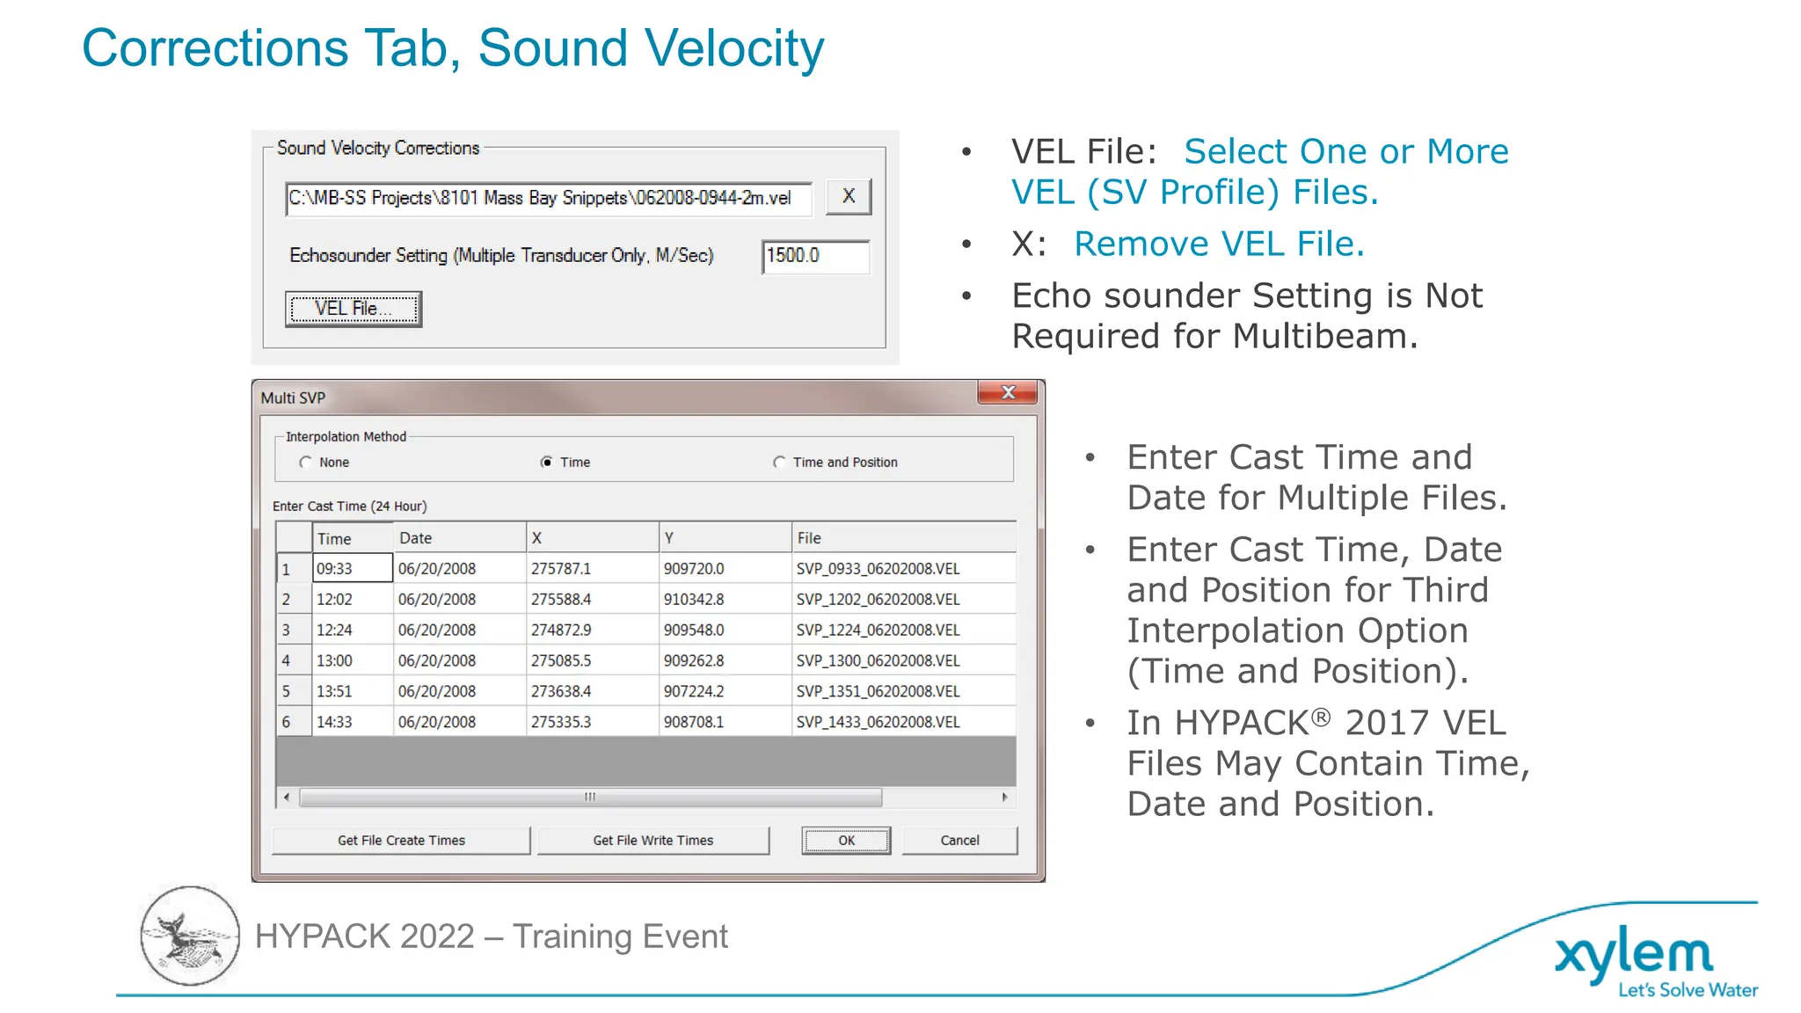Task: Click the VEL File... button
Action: tap(354, 309)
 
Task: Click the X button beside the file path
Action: tap(849, 197)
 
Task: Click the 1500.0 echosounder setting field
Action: tap(815, 256)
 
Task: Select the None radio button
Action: tap(306, 463)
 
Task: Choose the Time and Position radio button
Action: tap(779, 463)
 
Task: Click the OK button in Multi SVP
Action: tap(846, 841)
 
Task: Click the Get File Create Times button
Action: tap(401, 841)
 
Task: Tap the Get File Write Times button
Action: tap(653, 841)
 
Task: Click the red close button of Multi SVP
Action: tap(1008, 392)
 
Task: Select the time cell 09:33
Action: tap(352, 569)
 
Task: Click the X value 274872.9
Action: tap(561, 630)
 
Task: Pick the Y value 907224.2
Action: tap(694, 692)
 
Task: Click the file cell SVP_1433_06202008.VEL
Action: tap(878, 722)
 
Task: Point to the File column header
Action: tap(809, 538)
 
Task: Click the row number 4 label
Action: tap(287, 660)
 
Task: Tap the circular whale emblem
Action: tap(190, 936)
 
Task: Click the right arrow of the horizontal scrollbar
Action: tap(1004, 798)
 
